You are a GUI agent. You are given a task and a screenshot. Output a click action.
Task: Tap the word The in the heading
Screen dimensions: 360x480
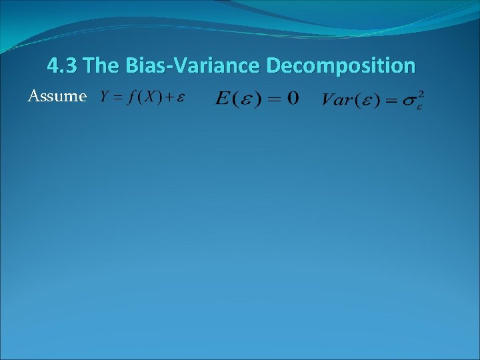tap(100, 66)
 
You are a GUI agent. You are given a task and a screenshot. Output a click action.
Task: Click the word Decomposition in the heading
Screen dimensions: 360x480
tap(340, 66)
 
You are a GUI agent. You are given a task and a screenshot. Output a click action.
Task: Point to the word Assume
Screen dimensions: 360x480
tap(57, 97)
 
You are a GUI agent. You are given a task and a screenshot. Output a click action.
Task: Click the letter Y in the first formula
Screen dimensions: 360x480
tap(105, 97)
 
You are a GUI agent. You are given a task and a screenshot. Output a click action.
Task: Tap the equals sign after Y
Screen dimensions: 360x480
tap(117, 97)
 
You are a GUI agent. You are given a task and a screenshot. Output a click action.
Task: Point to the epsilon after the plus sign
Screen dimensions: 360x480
tap(180, 98)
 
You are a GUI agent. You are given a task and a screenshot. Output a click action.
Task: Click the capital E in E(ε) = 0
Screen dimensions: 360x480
tap(223, 99)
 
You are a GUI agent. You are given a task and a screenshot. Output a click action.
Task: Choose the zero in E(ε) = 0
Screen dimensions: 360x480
tap(292, 99)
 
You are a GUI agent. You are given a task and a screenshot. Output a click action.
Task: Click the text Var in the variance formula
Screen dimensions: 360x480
tap(337, 100)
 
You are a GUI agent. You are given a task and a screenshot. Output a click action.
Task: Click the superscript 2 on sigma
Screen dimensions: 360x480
tap(419, 93)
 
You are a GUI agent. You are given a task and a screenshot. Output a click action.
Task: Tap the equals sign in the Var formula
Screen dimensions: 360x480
tap(389, 101)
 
